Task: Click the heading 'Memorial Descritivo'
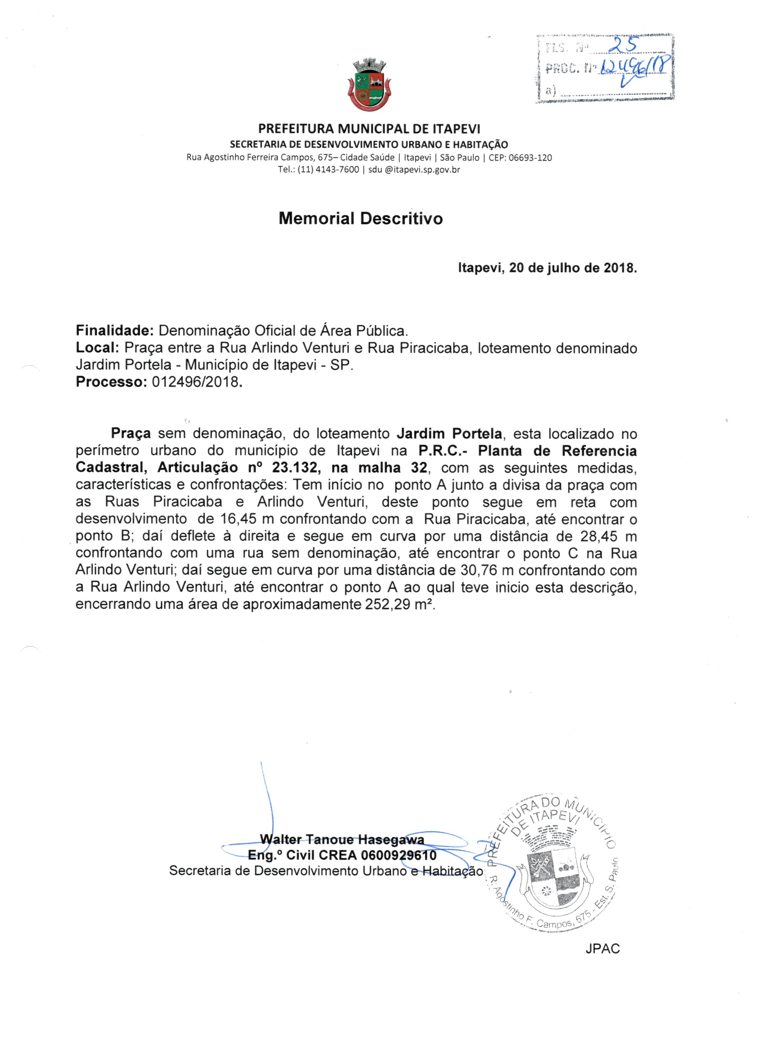point(361,218)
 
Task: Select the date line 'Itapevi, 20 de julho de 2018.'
point(547,268)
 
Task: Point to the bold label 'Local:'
point(98,348)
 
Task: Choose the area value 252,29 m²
point(400,604)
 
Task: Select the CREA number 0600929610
point(399,855)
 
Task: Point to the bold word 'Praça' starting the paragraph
point(131,434)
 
